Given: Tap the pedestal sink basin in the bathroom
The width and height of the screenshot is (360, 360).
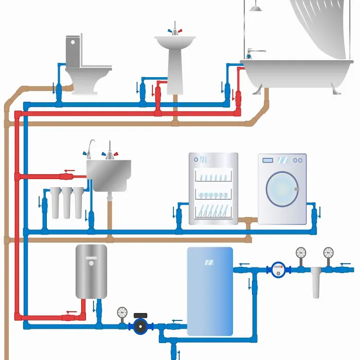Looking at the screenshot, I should pos(175,42).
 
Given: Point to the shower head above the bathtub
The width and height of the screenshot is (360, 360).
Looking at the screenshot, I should pos(255,8).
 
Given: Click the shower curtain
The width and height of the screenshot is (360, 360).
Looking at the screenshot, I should pos(319,26).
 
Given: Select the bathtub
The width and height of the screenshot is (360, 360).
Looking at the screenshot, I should pos(296,72).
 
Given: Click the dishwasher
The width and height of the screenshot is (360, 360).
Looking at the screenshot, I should pos(213,188).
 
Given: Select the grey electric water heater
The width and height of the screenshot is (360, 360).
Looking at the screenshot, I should pos(92,271).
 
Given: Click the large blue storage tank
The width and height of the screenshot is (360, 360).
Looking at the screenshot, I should pos(210,291).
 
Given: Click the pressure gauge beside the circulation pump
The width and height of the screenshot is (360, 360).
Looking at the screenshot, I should pos(122,312).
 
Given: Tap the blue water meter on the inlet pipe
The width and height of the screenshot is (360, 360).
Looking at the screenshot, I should pos(278,268).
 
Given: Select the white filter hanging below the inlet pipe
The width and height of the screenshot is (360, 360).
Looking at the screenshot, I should pos(316,285).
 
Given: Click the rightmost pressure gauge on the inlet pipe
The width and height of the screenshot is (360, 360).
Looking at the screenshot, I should pos(329,253).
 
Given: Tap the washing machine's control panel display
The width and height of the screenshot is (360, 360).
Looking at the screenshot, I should pos(268,160).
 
